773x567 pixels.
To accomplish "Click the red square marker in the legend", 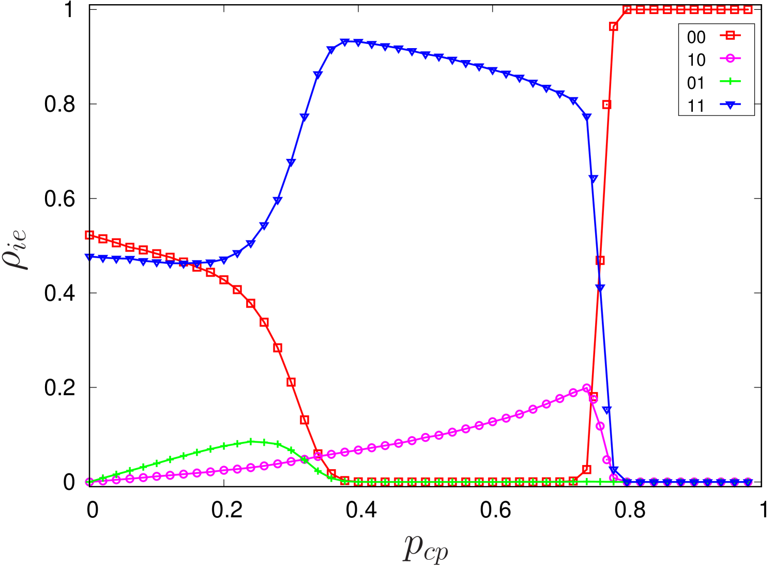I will tap(730, 36).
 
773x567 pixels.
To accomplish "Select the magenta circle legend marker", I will tap(730, 58).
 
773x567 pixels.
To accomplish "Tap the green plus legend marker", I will tap(730, 81).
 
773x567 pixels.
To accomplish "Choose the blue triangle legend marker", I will tap(730, 105).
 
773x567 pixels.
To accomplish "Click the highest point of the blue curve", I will tap(345, 42).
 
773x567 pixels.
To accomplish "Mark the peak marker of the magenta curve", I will tap(587, 388).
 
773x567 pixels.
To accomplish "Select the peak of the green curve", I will tap(251, 441).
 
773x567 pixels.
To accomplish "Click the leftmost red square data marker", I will tap(89, 235).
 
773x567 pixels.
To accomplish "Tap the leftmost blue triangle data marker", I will tap(89, 257).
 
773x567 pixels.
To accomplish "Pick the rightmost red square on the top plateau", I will tap(748, 10).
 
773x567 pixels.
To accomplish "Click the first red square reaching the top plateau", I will tap(627, 10).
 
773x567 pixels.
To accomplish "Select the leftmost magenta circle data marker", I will tap(89, 482).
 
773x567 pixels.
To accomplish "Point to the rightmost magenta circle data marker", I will tap(748, 482).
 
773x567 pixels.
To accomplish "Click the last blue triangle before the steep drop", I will tap(587, 117).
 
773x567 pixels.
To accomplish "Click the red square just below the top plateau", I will tap(614, 27).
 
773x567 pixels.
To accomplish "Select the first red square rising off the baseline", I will tap(587, 469).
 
